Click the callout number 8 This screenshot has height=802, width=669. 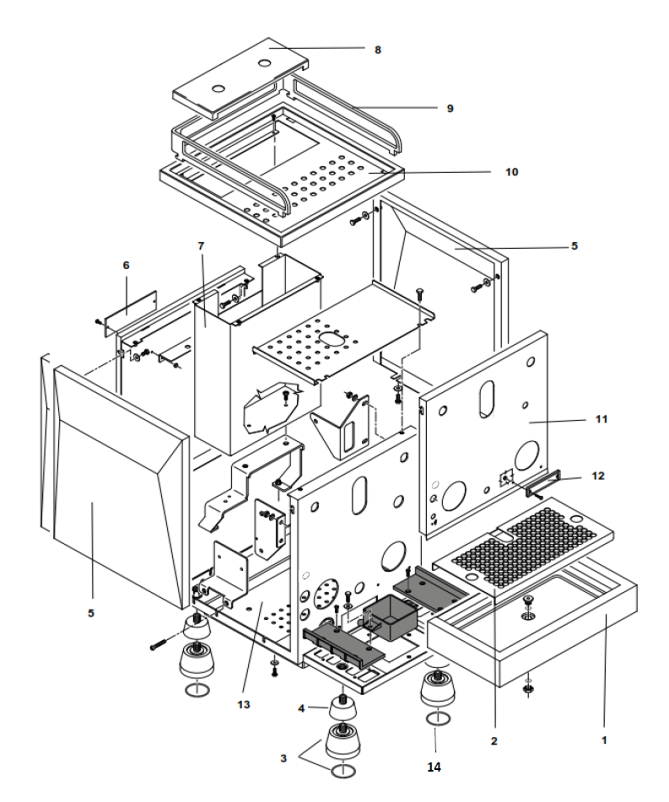378,50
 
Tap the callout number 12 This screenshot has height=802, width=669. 598,476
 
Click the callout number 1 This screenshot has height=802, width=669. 603,740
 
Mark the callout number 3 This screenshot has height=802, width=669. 283,758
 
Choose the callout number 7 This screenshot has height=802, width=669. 201,245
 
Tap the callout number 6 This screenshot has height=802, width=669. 126,265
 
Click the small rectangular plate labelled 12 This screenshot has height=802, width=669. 545,486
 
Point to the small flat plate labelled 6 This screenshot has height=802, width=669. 127,305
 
